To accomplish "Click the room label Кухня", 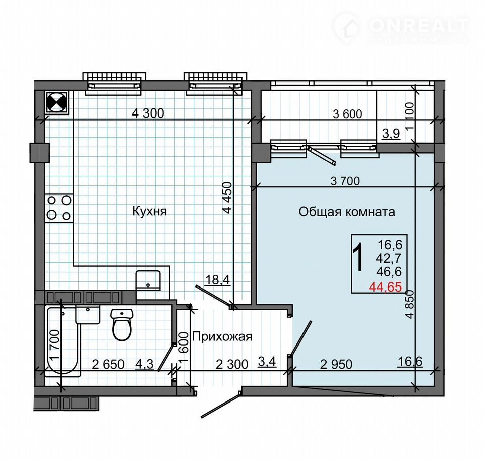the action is coord(149,211).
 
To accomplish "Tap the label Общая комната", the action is coord(347,212).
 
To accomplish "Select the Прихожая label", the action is coord(222,336).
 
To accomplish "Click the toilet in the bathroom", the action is coord(122,325).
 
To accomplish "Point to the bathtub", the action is coord(63,341).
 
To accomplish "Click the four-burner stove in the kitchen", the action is coord(59,208).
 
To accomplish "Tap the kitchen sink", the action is coord(148,280).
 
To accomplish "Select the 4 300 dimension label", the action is coord(148,113).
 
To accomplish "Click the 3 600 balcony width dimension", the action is coord(347,114).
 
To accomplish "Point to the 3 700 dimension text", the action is coord(345,181).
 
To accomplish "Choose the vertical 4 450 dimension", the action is coord(227,198).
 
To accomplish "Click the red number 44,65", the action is coord(386,288).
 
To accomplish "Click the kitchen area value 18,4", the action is coord(218,280).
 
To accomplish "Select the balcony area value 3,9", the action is coord(391,134).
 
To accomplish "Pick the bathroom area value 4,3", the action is coord(145,364).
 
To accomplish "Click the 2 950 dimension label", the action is coord(336,365).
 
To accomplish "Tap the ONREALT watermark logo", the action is coord(401,28).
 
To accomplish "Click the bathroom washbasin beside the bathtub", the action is coord(88,314).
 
